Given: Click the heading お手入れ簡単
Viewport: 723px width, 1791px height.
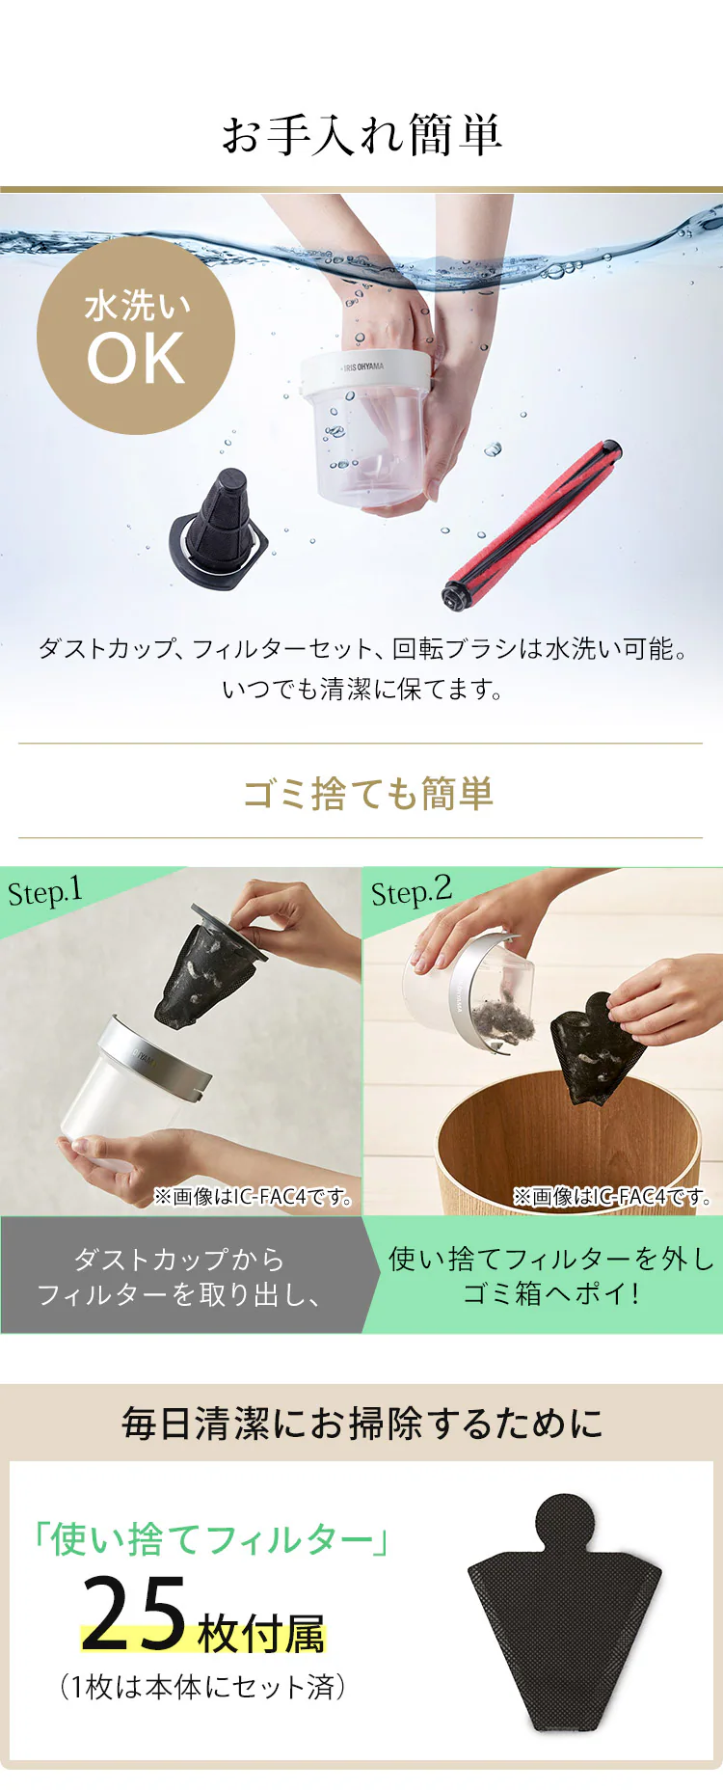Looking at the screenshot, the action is pos(361,134).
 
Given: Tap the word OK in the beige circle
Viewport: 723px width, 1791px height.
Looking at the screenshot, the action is pos(136,359).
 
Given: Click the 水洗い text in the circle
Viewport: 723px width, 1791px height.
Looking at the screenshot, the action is pos(137,306).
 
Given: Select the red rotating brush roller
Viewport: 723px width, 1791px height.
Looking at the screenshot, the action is pos(532,525).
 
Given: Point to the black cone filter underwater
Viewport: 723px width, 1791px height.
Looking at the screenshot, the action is pos(219,529).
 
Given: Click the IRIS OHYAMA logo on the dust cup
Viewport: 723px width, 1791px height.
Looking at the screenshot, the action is pos(361,367).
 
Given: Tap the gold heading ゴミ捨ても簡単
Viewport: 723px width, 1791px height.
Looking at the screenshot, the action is pos(367,794).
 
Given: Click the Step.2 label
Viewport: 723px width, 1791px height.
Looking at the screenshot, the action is pos(412,891).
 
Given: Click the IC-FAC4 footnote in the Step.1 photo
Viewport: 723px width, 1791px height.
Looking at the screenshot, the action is pos(254,1197).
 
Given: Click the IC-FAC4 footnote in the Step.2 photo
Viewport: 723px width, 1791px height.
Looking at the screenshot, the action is pos(612,1197).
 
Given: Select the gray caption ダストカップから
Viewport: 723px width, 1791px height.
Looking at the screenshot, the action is pos(179,1259).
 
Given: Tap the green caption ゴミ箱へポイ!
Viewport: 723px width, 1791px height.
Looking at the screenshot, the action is pos(551,1293).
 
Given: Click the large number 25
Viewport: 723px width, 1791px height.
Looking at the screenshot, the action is pos(135,1614).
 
